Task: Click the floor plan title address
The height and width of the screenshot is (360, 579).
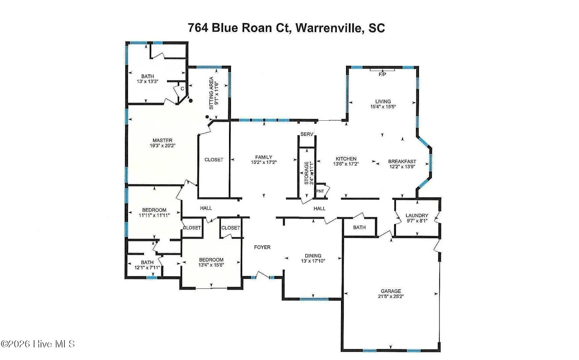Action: click(286, 28)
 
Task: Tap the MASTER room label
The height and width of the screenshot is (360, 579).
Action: click(162, 140)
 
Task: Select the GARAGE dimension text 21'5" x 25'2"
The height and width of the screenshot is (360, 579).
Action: click(391, 296)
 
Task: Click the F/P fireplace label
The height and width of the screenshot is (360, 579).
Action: click(382, 74)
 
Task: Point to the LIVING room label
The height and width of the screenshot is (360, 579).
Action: click(383, 101)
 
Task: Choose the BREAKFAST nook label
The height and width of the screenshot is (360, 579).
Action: click(402, 161)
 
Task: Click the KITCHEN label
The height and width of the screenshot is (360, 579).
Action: click(346, 159)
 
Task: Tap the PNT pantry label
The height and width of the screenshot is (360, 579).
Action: click(320, 191)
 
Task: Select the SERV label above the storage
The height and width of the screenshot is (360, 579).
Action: click(307, 134)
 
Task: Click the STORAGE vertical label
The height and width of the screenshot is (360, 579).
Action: click(306, 173)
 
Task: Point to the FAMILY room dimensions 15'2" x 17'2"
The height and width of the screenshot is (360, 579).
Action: click(264, 162)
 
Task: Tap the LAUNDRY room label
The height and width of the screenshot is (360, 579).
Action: click(417, 215)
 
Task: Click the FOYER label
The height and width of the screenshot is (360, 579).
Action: click(262, 247)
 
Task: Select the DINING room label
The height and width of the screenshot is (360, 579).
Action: click(313, 256)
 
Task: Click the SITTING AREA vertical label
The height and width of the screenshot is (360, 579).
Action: click(211, 93)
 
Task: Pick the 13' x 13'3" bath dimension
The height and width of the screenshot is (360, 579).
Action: click(147, 81)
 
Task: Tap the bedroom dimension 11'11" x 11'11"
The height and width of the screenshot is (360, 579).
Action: click(154, 215)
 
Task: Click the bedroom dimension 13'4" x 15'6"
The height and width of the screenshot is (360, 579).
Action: click(211, 265)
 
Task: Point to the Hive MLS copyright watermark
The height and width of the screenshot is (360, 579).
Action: click(38, 344)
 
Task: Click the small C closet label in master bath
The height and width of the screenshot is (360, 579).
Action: click(182, 89)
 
